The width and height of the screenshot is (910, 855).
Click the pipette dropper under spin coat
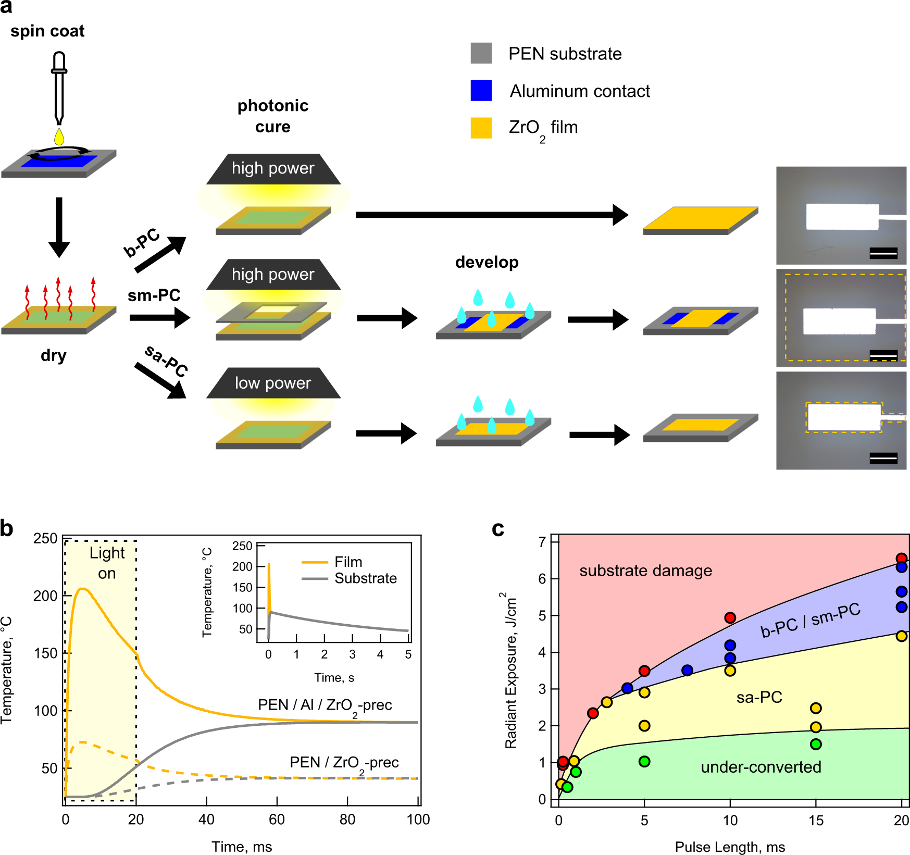59,86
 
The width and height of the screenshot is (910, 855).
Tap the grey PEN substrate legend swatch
481,53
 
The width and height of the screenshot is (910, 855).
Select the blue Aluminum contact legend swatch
481,91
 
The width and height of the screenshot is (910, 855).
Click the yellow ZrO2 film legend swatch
481,128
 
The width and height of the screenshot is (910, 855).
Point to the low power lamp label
273,383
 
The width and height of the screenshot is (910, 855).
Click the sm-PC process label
154,295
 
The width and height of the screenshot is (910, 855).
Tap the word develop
487,262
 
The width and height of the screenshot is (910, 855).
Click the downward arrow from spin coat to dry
59,227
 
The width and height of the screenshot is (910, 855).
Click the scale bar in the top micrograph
883,253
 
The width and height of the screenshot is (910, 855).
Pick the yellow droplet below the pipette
59,137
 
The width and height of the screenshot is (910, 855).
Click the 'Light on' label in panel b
107,563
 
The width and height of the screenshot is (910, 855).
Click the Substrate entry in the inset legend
365,578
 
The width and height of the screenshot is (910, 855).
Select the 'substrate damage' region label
645,571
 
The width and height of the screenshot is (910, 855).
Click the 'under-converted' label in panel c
761,767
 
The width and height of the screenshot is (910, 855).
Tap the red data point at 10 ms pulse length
730,618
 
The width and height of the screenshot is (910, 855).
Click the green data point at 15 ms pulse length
816,744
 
